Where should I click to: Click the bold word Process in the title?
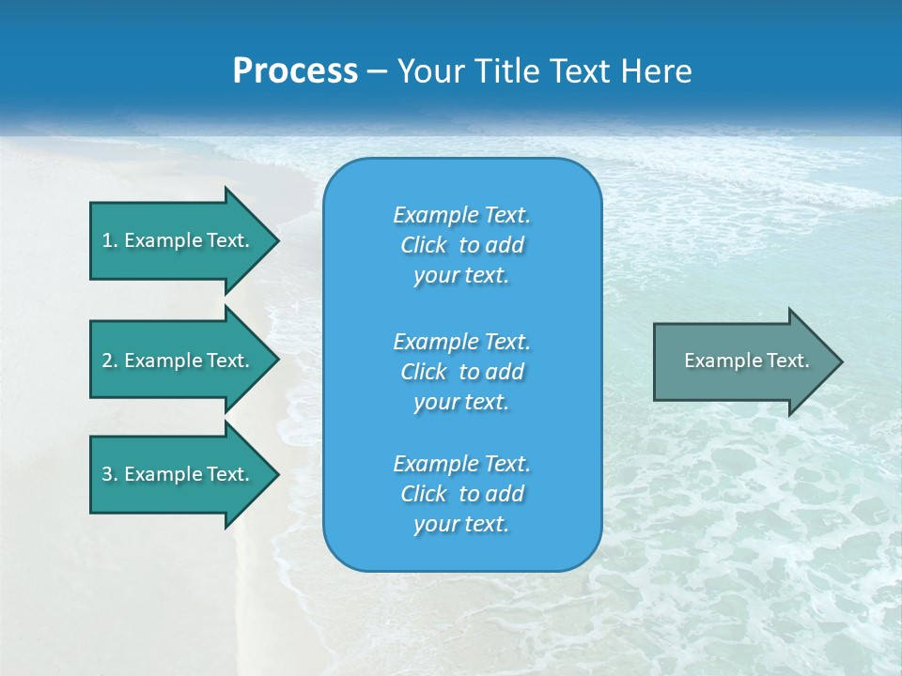(x=295, y=71)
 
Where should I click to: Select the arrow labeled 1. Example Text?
(x=176, y=240)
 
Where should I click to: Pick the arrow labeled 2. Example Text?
(x=176, y=361)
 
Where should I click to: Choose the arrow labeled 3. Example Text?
(x=176, y=474)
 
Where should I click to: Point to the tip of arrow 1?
(x=276, y=240)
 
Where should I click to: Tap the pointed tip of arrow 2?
(x=276, y=361)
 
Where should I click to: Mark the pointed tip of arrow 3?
(x=276, y=474)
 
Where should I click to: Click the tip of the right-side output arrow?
(x=840, y=361)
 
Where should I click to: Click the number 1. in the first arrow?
(x=110, y=240)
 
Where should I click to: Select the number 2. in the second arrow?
(x=110, y=361)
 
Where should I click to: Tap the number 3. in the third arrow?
(x=110, y=474)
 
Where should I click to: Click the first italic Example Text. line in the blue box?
(x=461, y=215)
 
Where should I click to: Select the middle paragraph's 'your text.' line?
(x=461, y=402)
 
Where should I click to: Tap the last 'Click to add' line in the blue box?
(x=461, y=494)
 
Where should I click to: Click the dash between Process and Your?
(x=377, y=72)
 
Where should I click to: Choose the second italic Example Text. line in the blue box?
(x=461, y=341)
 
